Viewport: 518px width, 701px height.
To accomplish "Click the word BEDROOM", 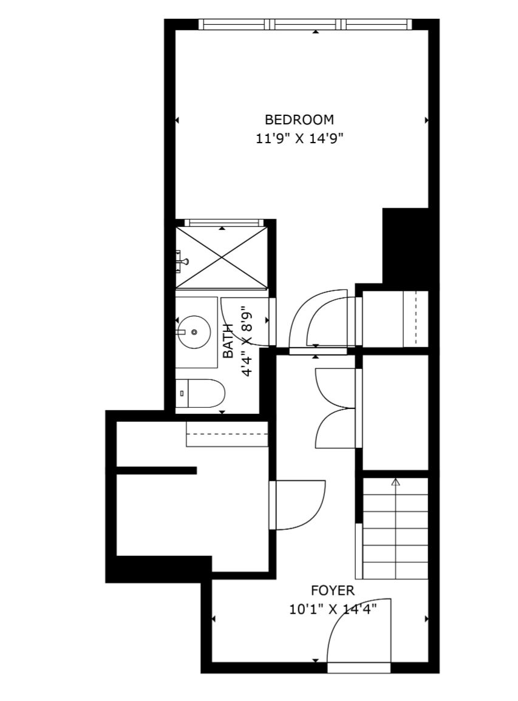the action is pyautogui.click(x=299, y=120).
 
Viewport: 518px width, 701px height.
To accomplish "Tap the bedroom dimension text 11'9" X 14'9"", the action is pyautogui.click(x=299, y=138).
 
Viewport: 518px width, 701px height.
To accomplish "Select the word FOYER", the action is pyautogui.click(x=333, y=591).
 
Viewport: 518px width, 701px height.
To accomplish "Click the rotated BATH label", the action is pyautogui.click(x=228, y=340).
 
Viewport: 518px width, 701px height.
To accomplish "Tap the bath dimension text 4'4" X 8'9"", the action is pyautogui.click(x=247, y=341).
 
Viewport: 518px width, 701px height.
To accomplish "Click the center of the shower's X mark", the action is pyautogui.click(x=222, y=257).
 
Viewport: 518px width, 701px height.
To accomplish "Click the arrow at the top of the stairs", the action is pyautogui.click(x=395, y=482).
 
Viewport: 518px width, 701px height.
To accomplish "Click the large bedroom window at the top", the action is pyautogui.click(x=305, y=24).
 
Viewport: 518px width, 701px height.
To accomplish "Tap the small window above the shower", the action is pyautogui.click(x=222, y=222).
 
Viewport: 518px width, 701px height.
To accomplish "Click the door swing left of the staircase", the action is pyautogui.click(x=298, y=505).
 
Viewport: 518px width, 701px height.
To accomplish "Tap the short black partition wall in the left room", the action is pyautogui.click(x=157, y=470).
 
